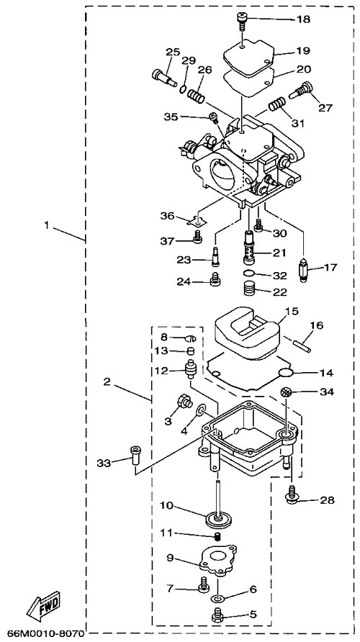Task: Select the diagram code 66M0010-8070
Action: tap(45, 633)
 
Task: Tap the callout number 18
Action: tap(304, 19)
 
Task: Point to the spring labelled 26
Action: tap(196, 96)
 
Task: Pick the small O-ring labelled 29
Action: tap(184, 88)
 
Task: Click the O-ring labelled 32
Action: tap(248, 273)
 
